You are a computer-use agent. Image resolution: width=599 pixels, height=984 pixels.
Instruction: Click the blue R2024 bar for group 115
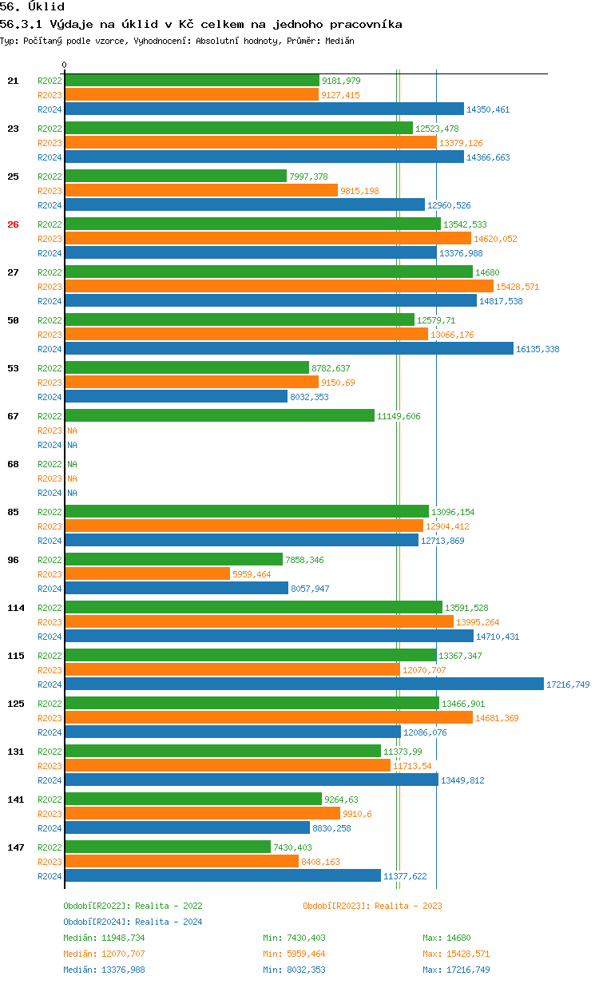303,684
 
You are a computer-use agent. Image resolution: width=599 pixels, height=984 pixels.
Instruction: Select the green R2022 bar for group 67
220,416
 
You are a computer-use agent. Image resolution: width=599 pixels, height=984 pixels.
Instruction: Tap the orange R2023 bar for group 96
147,574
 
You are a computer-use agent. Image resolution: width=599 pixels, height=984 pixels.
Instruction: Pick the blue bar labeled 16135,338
288,349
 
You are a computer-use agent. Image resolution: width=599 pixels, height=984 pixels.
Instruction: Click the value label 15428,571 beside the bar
518,287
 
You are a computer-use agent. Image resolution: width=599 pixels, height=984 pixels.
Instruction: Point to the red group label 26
13,224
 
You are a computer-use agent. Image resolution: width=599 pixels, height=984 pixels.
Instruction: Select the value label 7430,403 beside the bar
292,847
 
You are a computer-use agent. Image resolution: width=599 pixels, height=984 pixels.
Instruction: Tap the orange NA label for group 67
72,430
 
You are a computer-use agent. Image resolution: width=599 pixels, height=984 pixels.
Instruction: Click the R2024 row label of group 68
50,493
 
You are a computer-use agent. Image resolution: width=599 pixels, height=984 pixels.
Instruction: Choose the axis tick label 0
65,65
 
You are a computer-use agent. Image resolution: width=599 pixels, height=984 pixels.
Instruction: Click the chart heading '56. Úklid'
33,7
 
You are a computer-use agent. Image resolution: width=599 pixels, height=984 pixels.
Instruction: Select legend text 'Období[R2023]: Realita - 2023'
372,906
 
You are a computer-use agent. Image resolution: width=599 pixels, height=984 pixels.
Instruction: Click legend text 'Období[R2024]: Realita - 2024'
133,922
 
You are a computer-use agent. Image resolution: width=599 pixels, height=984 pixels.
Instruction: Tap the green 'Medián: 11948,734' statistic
104,938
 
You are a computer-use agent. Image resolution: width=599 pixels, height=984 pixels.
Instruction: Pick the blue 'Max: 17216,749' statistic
456,970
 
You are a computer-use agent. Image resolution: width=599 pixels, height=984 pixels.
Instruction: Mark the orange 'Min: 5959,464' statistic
294,954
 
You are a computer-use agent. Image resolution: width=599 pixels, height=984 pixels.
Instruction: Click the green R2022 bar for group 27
268,272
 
